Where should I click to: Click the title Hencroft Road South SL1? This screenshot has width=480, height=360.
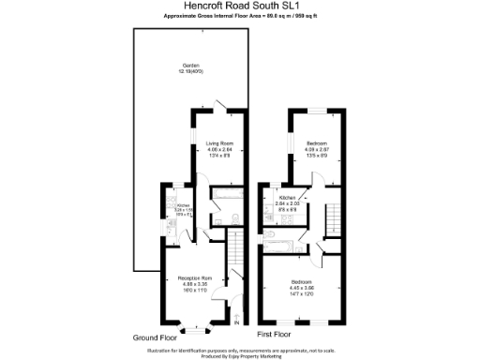(x=239, y=7)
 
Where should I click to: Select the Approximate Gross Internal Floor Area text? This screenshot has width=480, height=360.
(x=239, y=16)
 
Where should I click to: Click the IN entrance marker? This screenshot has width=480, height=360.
(x=236, y=322)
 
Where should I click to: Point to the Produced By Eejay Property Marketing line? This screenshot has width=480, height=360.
(x=239, y=355)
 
